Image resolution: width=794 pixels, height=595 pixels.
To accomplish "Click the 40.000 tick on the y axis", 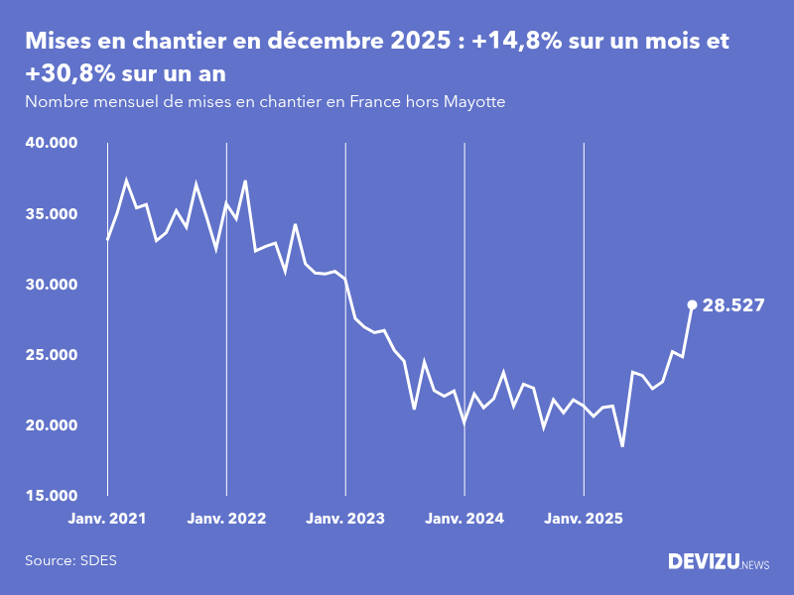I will point(51,143).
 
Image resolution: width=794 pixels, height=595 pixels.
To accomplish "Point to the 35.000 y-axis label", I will point(51,213).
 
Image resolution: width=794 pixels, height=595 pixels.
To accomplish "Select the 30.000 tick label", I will point(51,284).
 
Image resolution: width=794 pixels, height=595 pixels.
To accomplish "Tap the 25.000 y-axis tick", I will point(51,354).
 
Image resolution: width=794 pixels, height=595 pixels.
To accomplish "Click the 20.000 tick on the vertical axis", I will point(51,424).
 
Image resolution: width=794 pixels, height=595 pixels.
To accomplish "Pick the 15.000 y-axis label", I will point(51,495).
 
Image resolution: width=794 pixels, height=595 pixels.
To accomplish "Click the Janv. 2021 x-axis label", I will point(107,518).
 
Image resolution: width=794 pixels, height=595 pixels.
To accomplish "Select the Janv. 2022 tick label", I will point(226,518).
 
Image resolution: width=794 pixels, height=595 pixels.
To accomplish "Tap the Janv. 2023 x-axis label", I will point(345,518).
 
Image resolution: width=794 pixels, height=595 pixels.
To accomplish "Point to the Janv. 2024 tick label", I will point(464,518).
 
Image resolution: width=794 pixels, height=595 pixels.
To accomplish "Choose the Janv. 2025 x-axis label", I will point(584,518).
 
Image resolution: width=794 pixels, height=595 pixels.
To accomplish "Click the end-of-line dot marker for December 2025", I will point(692,304).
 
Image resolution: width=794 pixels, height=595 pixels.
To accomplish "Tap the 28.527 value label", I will point(732,305).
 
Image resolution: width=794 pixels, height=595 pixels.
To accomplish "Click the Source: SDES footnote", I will point(70,560).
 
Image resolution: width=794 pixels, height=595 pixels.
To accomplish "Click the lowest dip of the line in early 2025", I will point(622,446).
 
